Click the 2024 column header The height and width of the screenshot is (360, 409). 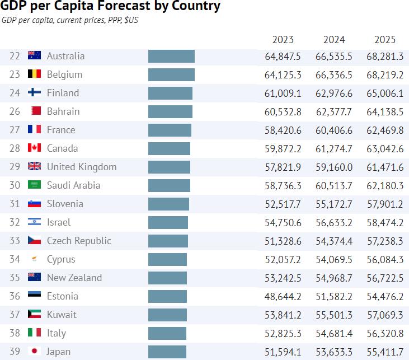(x=334, y=40)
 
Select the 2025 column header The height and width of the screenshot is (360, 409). (x=385, y=40)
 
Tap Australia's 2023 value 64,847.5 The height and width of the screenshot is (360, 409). (x=283, y=56)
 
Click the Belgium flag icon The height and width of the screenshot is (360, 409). (x=35, y=74)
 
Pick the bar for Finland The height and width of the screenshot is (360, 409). (x=170, y=93)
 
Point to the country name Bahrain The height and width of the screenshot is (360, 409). (x=63, y=111)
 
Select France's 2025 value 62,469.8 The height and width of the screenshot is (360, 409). (x=385, y=130)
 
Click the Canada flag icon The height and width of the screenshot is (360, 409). (x=35, y=148)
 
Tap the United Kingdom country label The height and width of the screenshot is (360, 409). (x=82, y=167)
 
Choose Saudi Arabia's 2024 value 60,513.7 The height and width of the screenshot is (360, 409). (x=334, y=185)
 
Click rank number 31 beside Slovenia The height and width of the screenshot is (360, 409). (x=15, y=204)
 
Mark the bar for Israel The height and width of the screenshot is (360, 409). (x=168, y=222)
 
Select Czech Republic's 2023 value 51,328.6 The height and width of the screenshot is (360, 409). (x=283, y=241)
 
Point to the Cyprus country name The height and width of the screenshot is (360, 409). (x=61, y=259)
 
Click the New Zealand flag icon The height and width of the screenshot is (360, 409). (x=35, y=278)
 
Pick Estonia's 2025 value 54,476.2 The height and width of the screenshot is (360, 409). (x=385, y=296)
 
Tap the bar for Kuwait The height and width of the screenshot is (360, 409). (x=167, y=315)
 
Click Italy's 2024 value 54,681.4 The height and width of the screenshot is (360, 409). (x=334, y=333)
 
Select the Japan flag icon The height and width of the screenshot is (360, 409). (x=35, y=352)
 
